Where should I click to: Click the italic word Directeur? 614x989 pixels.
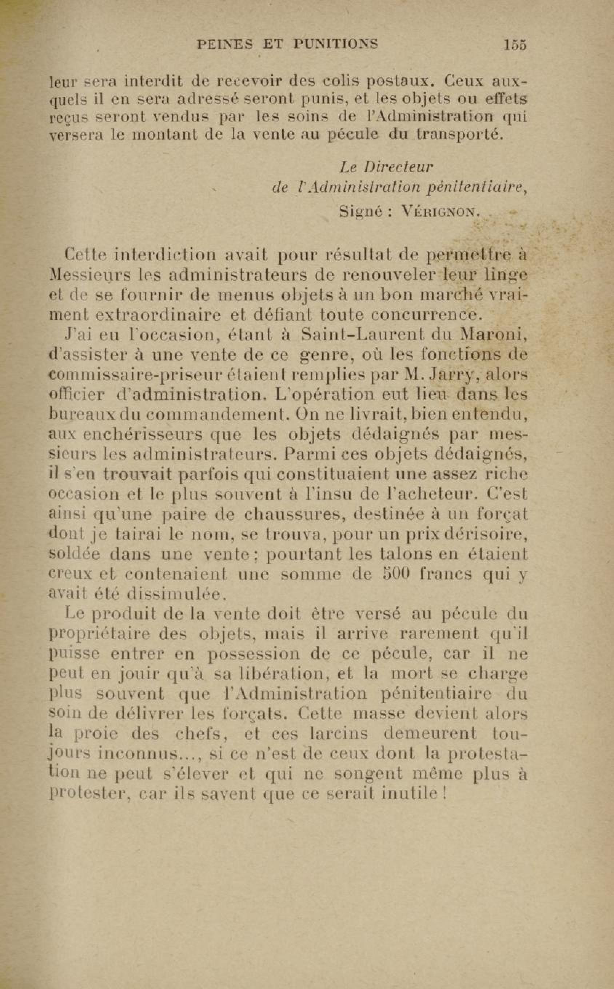[398, 167]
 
